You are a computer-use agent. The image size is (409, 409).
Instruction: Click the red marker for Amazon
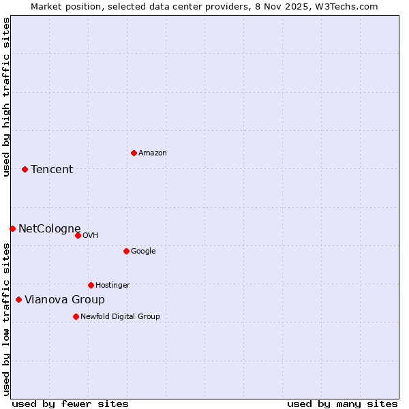pyautogui.click(x=134, y=153)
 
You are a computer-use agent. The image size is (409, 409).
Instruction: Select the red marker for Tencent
pyautogui.click(x=25, y=169)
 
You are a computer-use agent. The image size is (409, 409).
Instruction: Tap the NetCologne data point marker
pyautogui.click(x=12, y=228)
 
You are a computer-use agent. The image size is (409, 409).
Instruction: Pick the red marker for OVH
pyautogui.click(x=78, y=235)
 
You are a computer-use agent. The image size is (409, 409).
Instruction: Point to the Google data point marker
pyautogui.click(x=126, y=251)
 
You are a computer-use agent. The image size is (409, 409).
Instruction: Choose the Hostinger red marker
pyautogui.click(x=91, y=285)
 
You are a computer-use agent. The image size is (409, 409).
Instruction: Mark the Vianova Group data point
pyautogui.click(x=18, y=299)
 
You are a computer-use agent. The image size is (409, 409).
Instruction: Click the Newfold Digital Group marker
pyautogui.click(x=76, y=316)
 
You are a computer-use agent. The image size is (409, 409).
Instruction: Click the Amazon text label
pyautogui.click(x=153, y=153)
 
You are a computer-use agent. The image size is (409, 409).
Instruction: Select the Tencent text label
pyautogui.click(x=52, y=170)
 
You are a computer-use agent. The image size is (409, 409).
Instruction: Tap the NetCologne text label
pyautogui.click(x=49, y=229)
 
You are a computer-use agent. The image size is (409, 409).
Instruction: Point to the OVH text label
pyautogui.click(x=91, y=236)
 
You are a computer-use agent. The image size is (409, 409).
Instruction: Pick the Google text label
pyautogui.click(x=143, y=252)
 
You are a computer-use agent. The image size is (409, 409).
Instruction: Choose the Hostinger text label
pyautogui.click(x=112, y=286)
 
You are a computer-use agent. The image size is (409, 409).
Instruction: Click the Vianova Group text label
pyautogui.click(x=65, y=300)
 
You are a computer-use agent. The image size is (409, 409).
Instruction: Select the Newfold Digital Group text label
pyautogui.click(x=120, y=317)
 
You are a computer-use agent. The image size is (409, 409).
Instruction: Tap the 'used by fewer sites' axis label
pyautogui.click(x=70, y=404)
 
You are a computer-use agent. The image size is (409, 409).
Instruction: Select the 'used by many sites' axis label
pyautogui.click(x=342, y=404)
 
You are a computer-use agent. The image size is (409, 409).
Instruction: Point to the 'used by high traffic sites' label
pyautogui.click(x=6, y=97)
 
